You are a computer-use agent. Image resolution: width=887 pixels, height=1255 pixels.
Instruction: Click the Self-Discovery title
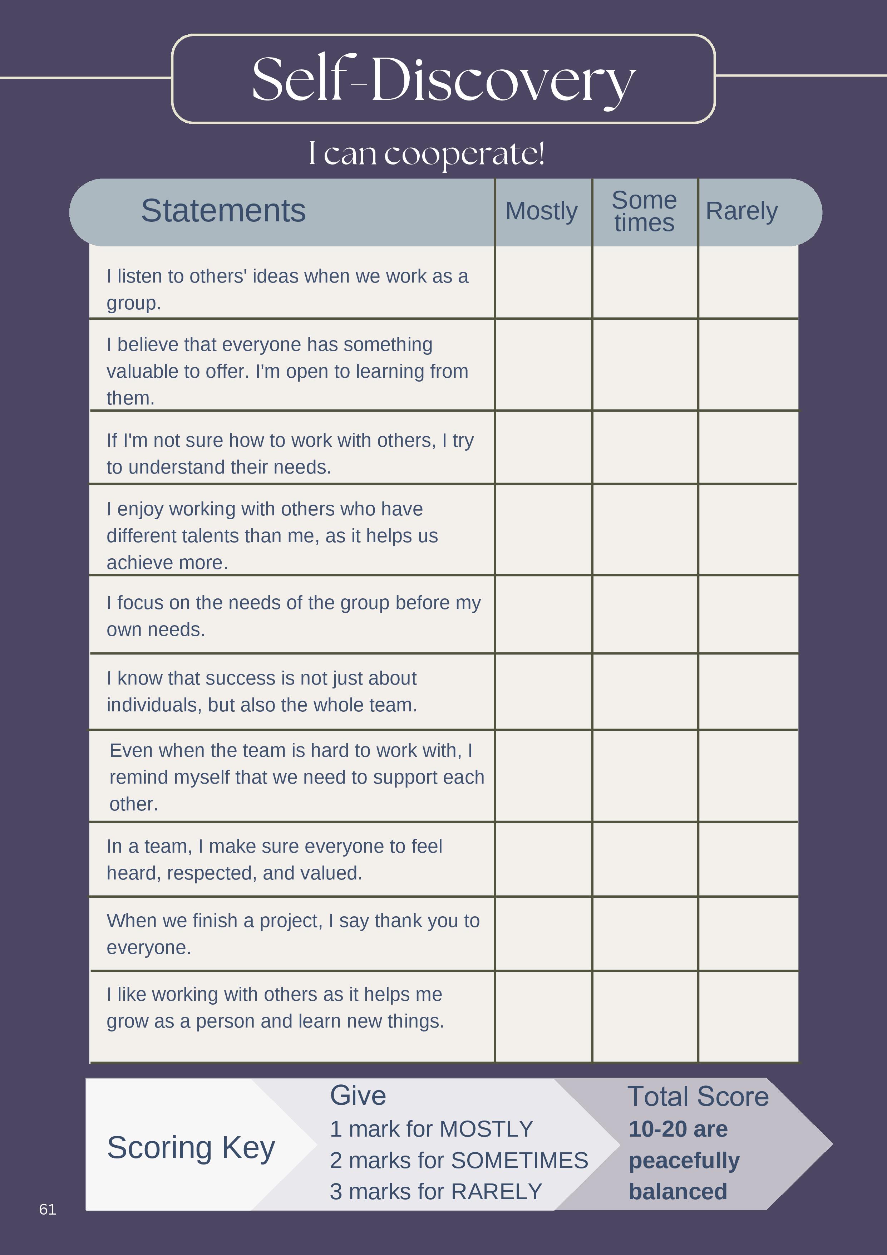443,80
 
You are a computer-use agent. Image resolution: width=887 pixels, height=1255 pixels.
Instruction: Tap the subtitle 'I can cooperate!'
426,153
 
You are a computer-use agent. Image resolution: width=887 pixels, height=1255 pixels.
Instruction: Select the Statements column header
223,211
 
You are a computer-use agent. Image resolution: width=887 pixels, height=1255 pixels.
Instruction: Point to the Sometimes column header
644,211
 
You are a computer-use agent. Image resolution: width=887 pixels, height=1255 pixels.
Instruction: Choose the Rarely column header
741,211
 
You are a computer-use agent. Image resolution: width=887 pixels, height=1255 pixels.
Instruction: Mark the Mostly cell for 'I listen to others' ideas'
543,283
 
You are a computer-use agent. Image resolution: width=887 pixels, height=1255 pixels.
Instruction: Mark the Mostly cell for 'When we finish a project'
543,933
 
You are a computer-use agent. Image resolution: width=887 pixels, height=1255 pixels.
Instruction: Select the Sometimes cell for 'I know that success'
645,691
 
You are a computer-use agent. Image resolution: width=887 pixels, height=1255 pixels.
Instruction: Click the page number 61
48,1209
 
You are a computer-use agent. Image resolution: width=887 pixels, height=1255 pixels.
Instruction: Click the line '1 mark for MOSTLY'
431,1129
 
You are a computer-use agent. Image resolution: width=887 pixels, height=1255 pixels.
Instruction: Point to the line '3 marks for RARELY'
435,1192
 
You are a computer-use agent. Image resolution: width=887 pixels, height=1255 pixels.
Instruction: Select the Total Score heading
698,1097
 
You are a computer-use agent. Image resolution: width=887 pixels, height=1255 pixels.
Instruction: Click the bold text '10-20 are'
678,1129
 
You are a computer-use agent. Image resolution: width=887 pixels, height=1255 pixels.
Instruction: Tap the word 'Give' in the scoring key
358,1095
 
